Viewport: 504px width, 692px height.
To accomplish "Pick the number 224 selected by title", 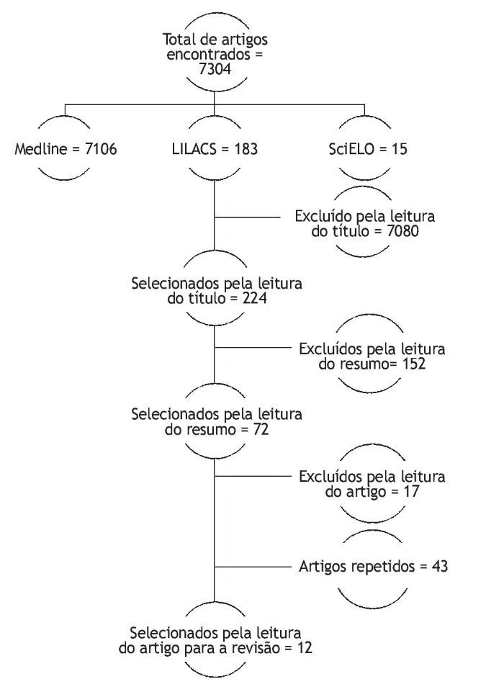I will pyautogui.click(x=254, y=297).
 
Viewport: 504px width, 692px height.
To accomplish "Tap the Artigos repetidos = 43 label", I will pyautogui.click(x=373, y=567).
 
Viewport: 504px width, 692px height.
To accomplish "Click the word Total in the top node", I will pyautogui.click(x=179, y=40).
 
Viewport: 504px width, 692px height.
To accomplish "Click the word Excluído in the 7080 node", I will pyautogui.click(x=323, y=217).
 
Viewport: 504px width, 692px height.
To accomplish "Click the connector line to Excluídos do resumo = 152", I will pyautogui.click(x=252, y=348).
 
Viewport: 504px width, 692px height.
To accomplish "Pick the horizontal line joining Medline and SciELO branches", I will pyautogui.click(x=215, y=105).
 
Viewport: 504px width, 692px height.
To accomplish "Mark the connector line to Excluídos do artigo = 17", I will pyautogui.click(x=252, y=475).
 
